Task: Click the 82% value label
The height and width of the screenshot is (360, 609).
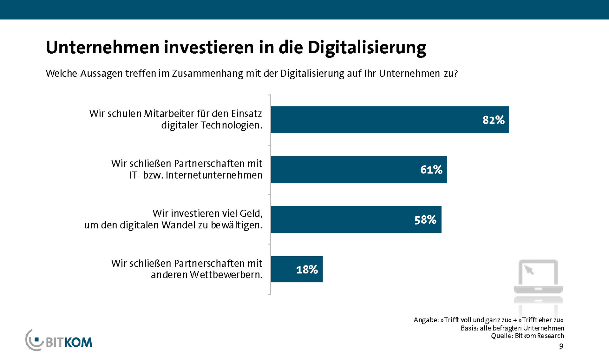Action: (x=493, y=120)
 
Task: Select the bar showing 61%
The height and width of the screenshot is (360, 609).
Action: (x=358, y=170)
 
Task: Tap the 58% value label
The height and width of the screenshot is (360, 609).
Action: (x=425, y=219)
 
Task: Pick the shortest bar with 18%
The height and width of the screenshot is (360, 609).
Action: (x=297, y=269)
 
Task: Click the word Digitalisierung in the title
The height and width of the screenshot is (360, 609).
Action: (x=367, y=48)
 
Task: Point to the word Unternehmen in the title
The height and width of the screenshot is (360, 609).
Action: (x=102, y=48)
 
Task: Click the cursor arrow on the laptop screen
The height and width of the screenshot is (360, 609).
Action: (x=529, y=270)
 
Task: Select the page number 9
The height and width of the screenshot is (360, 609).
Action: (x=561, y=346)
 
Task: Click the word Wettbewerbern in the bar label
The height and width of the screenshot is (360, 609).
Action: (x=226, y=275)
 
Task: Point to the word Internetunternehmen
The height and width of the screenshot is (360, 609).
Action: (x=214, y=175)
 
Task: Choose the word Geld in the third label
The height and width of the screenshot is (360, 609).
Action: (x=251, y=213)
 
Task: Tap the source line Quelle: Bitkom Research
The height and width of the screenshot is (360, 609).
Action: (x=527, y=336)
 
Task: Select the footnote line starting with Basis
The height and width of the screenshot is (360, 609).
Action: (x=512, y=328)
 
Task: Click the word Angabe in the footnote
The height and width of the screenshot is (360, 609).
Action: (x=426, y=320)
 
